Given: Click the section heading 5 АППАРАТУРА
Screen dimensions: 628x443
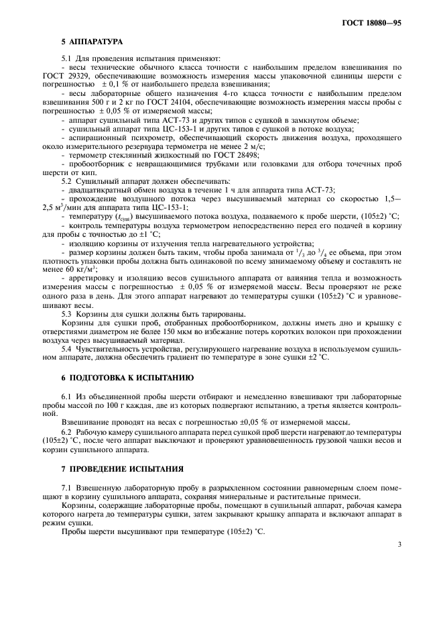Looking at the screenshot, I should [x=90, y=42].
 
